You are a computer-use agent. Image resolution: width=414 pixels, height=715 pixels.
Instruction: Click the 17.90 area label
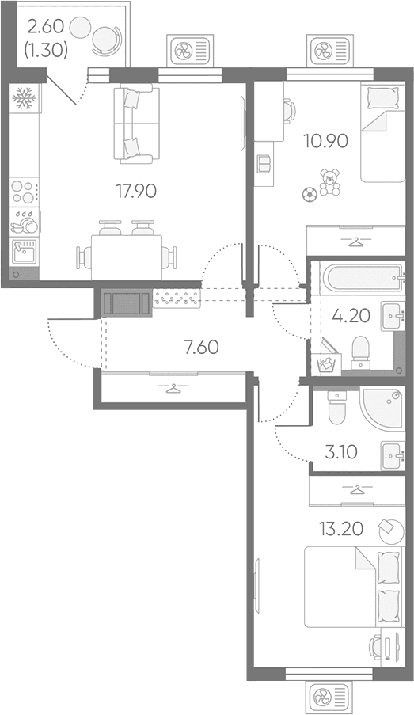(136, 192)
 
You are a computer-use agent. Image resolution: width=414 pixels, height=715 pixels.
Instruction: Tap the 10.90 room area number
(326, 142)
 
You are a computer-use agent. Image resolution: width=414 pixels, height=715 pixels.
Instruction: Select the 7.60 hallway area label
(201, 348)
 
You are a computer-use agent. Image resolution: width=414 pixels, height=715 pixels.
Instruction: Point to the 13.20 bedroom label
(341, 529)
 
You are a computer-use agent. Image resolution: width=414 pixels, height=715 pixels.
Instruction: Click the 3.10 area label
(341, 452)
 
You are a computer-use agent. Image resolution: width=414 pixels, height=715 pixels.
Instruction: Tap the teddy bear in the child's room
(329, 182)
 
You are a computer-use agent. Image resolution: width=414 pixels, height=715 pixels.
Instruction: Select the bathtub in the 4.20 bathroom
(363, 277)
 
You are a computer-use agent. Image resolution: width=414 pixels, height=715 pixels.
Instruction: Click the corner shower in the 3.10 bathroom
(382, 408)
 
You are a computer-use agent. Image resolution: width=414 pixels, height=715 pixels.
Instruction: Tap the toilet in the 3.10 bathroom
(336, 407)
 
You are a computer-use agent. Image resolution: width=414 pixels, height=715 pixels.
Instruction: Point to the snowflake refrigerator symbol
(24, 98)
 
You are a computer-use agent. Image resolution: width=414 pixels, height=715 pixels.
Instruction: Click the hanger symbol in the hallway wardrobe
(171, 388)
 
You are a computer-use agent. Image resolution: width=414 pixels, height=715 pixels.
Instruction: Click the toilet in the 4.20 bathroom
(361, 352)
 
